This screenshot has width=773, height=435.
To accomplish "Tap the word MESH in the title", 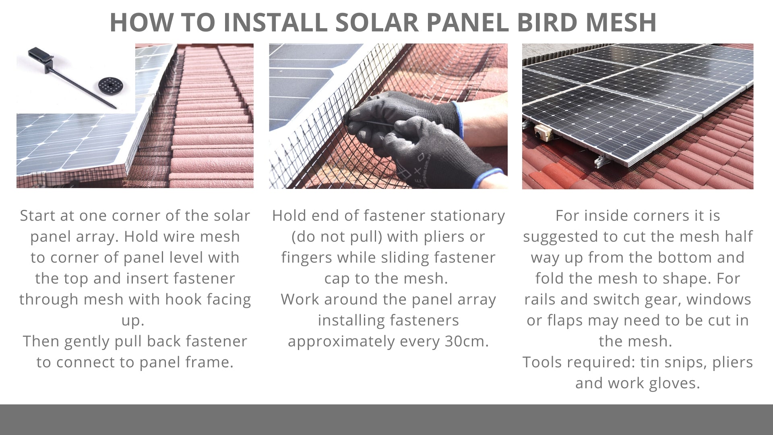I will tap(621, 22).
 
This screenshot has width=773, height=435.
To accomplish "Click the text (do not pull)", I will tap(337, 236).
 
